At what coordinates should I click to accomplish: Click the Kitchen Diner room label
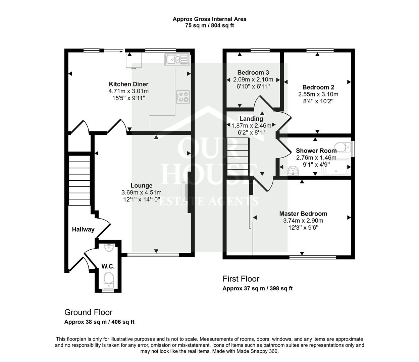pos(128,84)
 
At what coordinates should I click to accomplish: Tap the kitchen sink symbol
pos(177,59)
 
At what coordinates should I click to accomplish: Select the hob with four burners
pos(183,97)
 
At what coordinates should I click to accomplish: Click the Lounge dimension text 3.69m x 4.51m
pos(142,192)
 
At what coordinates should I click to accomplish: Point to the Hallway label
pos(83,230)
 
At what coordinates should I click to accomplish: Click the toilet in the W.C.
pos(108,279)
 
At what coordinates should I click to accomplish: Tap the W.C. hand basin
pos(108,248)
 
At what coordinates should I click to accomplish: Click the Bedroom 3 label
pos(253,72)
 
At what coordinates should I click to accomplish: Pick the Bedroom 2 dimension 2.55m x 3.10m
pos(318,94)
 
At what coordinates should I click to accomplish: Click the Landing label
pos(251,119)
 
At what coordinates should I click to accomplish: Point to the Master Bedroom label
pos(303,214)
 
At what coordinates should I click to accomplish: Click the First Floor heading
pos(241,279)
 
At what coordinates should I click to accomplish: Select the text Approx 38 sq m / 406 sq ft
pos(99,322)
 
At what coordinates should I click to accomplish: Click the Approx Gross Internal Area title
pos(209,19)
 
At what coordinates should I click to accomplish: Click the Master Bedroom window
pos(313,257)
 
